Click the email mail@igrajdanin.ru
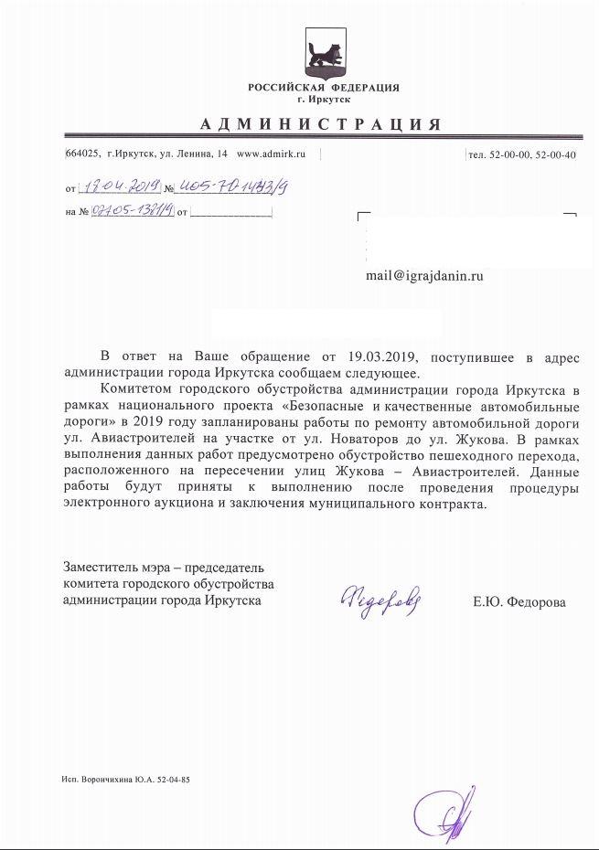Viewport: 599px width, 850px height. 424,274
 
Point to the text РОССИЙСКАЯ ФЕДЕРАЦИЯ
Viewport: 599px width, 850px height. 323,87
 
